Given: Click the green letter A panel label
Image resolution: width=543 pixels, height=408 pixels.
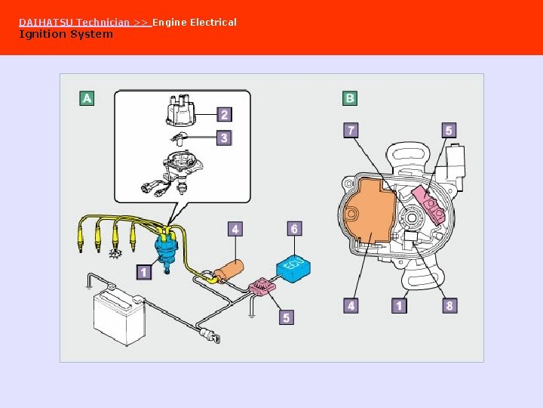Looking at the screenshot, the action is (x=87, y=98).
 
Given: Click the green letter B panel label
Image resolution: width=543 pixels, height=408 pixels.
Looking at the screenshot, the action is (x=350, y=98).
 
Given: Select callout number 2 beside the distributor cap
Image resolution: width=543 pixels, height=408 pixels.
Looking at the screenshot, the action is (x=223, y=115).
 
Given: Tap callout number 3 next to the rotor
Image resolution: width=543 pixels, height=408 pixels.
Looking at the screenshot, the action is (x=223, y=138).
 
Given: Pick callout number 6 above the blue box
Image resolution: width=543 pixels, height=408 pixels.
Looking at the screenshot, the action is (x=294, y=228).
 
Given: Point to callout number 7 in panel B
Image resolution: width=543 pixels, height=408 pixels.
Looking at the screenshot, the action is (x=351, y=131).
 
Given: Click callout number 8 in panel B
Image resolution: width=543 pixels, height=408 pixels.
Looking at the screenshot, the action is (x=449, y=305).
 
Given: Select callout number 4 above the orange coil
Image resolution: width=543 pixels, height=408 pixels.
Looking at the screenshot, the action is (x=236, y=228).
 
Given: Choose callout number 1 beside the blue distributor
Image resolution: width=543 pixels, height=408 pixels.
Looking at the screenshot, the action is (x=144, y=271).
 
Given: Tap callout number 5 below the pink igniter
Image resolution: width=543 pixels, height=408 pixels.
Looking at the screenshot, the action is (x=287, y=317).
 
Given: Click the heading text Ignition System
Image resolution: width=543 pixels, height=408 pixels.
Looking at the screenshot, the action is (x=66, y=34).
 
